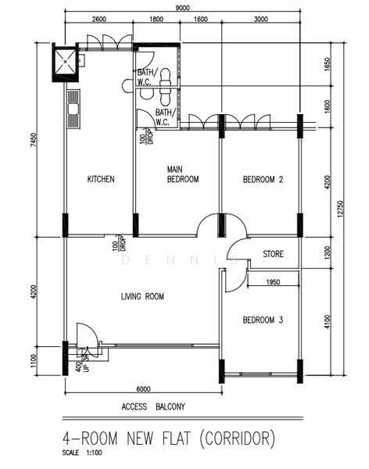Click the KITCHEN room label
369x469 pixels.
click(x=101, y=179)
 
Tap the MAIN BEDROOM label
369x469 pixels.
click(x=183, y=174)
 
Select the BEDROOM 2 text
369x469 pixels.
click(x=263, y=180)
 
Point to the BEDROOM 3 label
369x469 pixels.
click(x=263, y=320)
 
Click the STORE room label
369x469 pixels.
click(x=274, y=254)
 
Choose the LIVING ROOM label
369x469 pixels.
click(x=142, y=296)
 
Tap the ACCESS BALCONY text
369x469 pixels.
click(x=153, y=406)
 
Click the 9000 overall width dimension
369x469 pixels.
click(x=182, y=8)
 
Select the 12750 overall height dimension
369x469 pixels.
click(x=339, y=209)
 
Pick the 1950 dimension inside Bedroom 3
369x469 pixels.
click(x=273, y=281)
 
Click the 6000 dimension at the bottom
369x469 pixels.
click(x=143, y=389)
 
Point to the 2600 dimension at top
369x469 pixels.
click(x=99, y=19)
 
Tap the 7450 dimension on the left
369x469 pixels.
click(x=34, y=140)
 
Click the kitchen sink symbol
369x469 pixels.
click(x=73, y=109)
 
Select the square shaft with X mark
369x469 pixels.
click(x=66, y=62)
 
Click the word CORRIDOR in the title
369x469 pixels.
click(x=238, y=439)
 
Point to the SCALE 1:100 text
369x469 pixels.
click(x=82, y=453)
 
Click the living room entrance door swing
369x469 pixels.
click(x=87, y=334)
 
